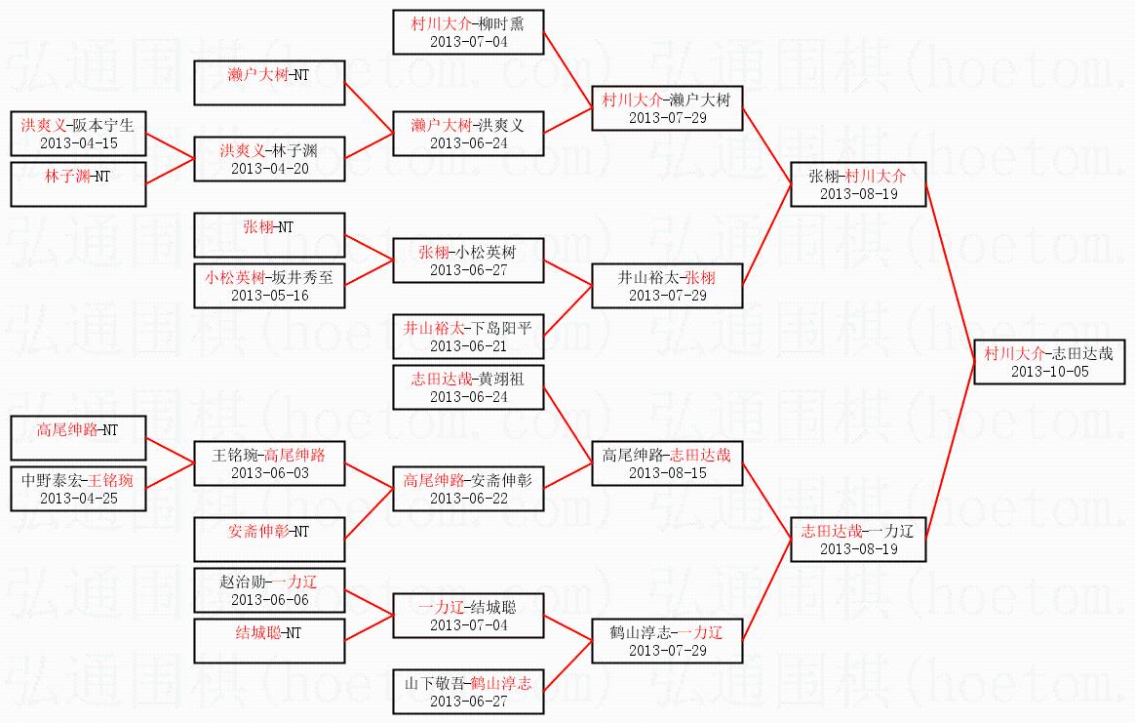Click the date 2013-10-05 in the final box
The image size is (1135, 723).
click(1049, 372)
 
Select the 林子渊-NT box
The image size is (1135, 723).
click(78, 184)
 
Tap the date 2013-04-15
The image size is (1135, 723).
click(78, 143)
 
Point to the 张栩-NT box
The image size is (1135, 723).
click(269, 235)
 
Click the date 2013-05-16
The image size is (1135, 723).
click(269, 296)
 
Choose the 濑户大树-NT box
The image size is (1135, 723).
click(269, 83)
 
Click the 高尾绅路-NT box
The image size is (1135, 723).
click(78, 437)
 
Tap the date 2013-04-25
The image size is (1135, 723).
click(78, 499)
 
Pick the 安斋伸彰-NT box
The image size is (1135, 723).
click(269, 539)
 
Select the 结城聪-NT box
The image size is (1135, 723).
click(269, 640)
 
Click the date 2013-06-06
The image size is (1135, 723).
click(269, 600)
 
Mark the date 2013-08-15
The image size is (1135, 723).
click(667, 473)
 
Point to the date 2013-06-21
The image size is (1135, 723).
click(468, 346)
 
